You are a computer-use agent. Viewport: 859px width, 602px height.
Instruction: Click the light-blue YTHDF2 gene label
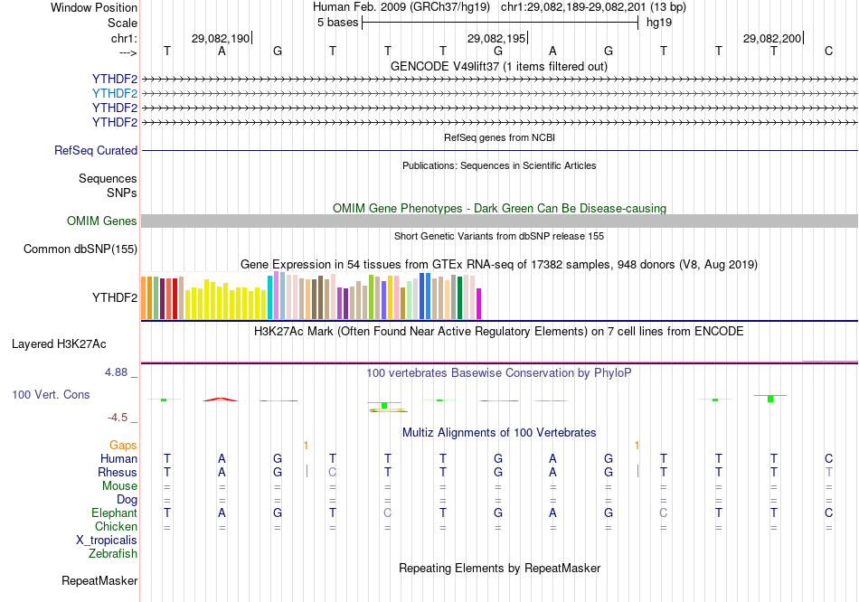[x=115, y=93]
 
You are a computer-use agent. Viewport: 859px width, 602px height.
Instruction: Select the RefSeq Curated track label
[x=96, y=151]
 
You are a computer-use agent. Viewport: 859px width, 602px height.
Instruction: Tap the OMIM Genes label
[x=102, y=221]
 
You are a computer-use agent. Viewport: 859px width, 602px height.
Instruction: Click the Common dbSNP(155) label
[x=80, y=249]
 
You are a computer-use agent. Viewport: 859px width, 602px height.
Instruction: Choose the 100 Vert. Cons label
[x=52, y=395]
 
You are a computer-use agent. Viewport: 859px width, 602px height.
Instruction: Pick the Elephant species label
[x=114, y=513]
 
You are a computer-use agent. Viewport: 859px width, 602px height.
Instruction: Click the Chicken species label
[x=117, y=527]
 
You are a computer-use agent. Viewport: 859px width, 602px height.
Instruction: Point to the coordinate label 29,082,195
[x=496, y=39]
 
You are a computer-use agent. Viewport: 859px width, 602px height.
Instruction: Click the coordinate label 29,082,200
[x=771, y=39]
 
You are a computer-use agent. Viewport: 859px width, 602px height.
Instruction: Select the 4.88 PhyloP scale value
[x=119, y=372]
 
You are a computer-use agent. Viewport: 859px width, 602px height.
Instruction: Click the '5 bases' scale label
[x=336, y=23]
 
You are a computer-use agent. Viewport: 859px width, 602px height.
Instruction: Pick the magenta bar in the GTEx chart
[x=479, y=304]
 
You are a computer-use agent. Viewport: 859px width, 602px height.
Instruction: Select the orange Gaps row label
[x=123, y=446]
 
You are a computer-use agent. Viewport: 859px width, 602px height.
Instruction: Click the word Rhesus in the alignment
[x=118, y=473]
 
